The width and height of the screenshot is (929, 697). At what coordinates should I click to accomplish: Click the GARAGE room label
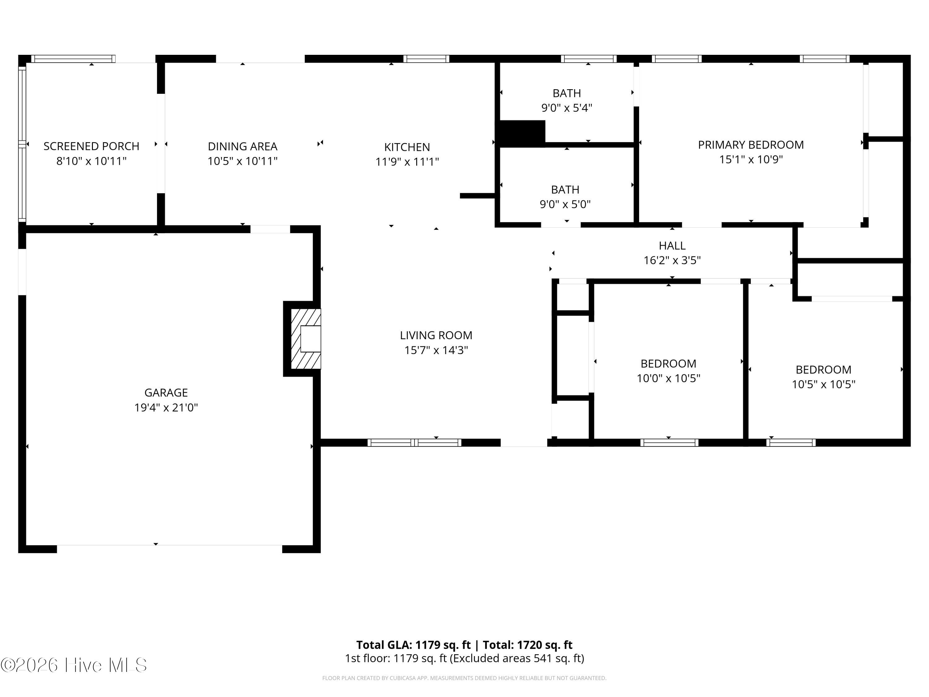[x=166, y=392]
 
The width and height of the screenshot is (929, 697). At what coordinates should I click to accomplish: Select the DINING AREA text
[x=242, y=146]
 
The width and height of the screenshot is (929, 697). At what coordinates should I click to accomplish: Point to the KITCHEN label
[x=407, y=147]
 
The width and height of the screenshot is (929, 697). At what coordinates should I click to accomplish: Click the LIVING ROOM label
[x=436, y=335]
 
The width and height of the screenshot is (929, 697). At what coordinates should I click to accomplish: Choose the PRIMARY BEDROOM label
[x=751, y=145]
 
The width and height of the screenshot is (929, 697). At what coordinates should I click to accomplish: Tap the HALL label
[x=672, y=245]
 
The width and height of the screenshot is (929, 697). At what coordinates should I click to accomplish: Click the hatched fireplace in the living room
[x=306, y=339]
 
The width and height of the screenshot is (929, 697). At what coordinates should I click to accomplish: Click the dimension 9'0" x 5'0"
[x=565, y=204]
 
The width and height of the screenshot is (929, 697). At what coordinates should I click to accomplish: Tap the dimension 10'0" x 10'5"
[x=668, y=378]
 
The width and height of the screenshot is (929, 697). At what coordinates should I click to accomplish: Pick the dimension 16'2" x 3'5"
[x=672, y=261]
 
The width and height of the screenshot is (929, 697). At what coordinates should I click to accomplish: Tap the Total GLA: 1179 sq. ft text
[x=413, y=644]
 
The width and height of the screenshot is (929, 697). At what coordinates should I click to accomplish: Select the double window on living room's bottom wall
[x=414, y=442]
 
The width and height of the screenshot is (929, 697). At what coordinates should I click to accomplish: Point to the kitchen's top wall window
[x=426, y=59]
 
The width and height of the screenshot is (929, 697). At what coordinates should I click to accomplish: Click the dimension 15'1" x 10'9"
[x=751, y=160]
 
